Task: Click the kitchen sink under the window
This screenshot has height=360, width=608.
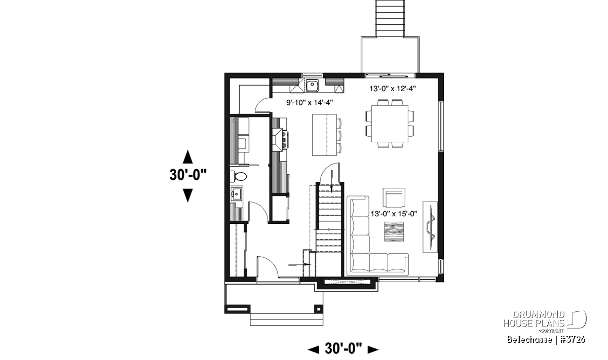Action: [x=312, y=85]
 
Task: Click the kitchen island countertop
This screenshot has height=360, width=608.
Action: [x=324, y=135]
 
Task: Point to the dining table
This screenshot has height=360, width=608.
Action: [x=390, y=124]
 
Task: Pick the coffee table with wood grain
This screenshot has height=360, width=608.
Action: [x=394, y=231]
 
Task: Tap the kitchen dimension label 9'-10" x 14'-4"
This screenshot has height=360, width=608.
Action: [x=310, y=102]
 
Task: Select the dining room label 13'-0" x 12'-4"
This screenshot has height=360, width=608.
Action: [x=393, y=89]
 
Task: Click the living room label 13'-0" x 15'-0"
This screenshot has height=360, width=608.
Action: [x=394, y=214]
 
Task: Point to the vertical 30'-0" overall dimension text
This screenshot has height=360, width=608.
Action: [x=188, y=175]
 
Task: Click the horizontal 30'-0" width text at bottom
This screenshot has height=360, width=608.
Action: [x=344, y=348]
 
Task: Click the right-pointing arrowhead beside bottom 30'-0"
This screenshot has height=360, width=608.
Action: [x=373, y=349]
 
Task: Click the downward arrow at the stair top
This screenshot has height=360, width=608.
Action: [x=331, y=181]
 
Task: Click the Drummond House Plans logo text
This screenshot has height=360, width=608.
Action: [x=534, y=319]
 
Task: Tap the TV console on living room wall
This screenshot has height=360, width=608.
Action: [x=430, y=227]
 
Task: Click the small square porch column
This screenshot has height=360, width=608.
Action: [x=319, y=309]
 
